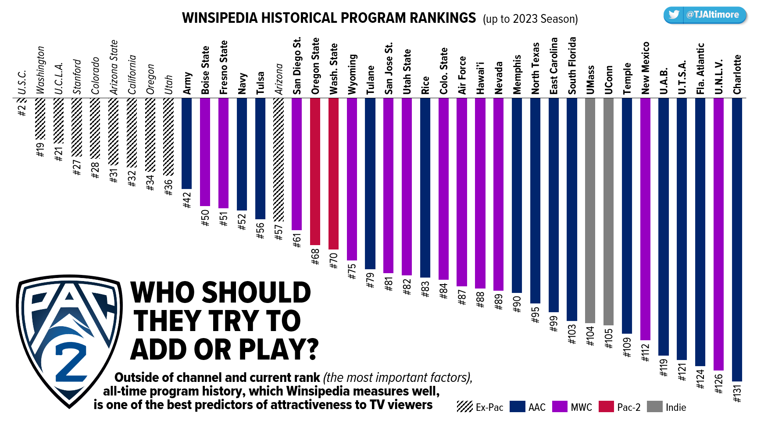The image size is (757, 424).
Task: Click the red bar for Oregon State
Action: click(315, 171)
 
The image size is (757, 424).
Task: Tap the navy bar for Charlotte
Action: click(737, 239)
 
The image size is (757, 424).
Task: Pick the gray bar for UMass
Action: click(590, 210)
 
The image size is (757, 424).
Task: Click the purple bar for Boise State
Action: click(205, 152)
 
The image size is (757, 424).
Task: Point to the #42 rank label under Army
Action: click(187, 200)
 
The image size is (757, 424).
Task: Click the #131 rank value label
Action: click(737, 393)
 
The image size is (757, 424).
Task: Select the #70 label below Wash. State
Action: click(334, 260)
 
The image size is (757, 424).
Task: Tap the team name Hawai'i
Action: click(480, 78)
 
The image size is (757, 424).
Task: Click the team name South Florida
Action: click(572, 66)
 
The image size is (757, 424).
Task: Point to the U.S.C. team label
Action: click(22, 82)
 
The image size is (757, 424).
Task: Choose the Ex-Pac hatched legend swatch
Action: click(464, 407)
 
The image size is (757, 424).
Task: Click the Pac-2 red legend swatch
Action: click(606, 407)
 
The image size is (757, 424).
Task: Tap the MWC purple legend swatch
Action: click(560, 407)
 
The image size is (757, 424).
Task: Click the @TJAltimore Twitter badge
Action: click(705, 15)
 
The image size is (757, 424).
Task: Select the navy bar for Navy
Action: click(242, 154)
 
